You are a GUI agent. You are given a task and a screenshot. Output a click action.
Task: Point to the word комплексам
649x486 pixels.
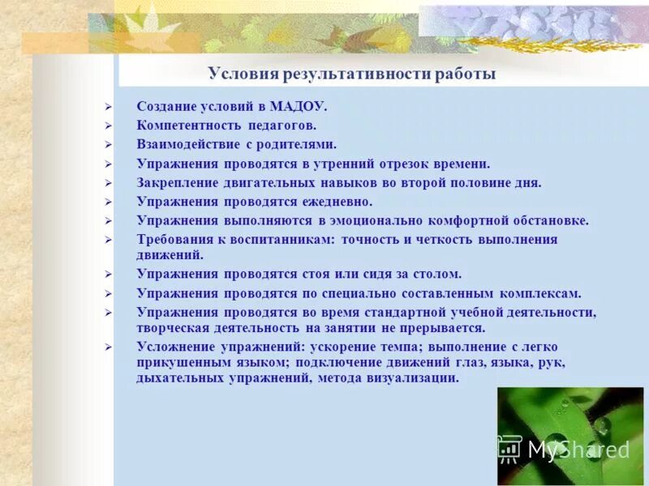coord(539,293)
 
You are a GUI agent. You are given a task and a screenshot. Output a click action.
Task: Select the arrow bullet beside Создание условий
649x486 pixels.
coord(108,106)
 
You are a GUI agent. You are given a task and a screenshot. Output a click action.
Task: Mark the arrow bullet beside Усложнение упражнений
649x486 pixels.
coord(108,347)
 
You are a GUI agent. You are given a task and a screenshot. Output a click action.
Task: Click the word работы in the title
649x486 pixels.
coord(464,75)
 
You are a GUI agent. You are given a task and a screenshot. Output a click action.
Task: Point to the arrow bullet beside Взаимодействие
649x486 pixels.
coord(108,144)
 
